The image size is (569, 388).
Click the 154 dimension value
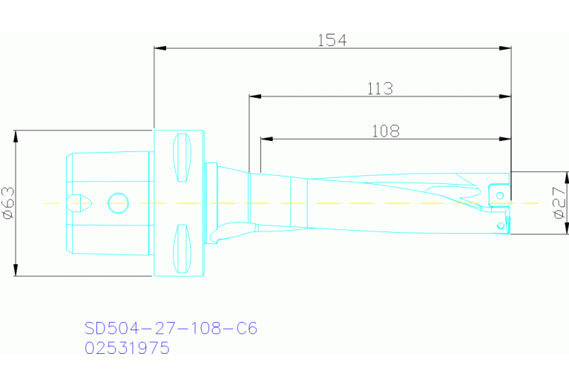332,40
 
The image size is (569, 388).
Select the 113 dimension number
380,88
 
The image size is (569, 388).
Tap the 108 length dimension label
385,131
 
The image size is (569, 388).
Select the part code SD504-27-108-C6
171,329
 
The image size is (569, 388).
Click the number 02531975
127,348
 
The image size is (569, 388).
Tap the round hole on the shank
118,202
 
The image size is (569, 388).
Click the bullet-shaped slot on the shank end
78,202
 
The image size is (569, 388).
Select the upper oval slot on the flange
182,157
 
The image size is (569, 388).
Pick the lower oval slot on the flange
182,248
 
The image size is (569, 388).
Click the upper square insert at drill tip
500,194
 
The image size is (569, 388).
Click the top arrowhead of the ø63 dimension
16,136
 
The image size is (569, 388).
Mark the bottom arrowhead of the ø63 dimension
16,270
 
